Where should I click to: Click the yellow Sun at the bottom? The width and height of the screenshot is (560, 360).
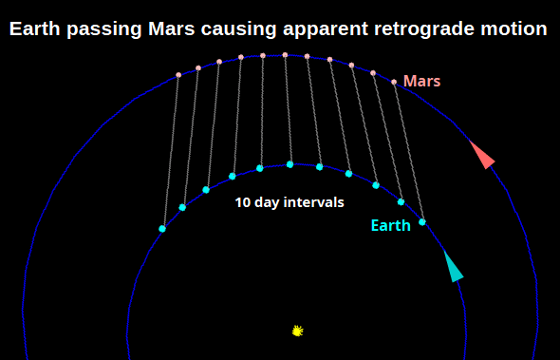[x=298, y=331]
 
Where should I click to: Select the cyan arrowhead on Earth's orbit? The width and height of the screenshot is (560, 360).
[x=453, y=268]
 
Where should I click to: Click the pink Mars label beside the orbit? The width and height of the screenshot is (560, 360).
[x=421, y=81]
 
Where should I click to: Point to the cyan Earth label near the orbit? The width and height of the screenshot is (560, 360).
[x=390, y=225]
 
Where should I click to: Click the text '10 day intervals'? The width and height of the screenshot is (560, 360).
[x=289, y=202]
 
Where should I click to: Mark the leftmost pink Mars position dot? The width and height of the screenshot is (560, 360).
[x=177, y=75]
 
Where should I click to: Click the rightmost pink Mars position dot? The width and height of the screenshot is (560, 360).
[x=394, y=82]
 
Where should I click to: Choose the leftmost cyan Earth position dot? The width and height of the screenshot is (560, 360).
[x=162, y=229]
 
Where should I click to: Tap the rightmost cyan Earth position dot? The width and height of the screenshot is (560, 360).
[x=422, y=222]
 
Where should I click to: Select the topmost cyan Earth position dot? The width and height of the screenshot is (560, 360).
[x=289, y=164]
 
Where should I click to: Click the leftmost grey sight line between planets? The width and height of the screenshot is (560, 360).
[x=170, y=152]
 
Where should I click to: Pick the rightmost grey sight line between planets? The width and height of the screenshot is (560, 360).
[x=408, y=152]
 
